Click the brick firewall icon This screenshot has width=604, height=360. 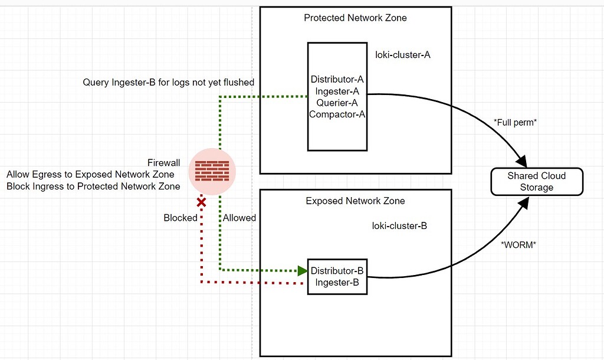(x=212, y=171)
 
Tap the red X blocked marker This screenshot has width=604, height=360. (x=201, y=202)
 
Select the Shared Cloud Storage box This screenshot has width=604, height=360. (x=537, y=181)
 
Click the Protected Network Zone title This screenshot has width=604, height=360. (x=355, y=18)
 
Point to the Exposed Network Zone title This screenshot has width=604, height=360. (x=355, y=201)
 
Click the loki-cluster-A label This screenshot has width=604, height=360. (x=403, y=55)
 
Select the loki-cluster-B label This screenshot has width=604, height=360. (x=399, y=226)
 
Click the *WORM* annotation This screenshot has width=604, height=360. (x=518, y=244)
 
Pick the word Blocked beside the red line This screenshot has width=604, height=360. (x=180, y=218)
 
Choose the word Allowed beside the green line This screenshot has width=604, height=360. (x=239, y=218)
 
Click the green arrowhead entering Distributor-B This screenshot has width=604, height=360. (x=302, y=271)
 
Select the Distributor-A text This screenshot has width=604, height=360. (x=337, y=80)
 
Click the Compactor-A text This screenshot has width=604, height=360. (x=337, y=114)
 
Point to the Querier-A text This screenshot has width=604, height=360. (x=337, y=103)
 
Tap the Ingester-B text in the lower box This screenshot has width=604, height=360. (x=337, y=282)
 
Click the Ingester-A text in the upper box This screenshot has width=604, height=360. (x=337, y=91)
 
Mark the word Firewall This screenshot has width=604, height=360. (x=163, y=163)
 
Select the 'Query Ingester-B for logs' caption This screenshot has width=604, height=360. (x=169, y=83)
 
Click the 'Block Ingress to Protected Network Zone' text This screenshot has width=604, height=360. (x=93, y=186)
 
